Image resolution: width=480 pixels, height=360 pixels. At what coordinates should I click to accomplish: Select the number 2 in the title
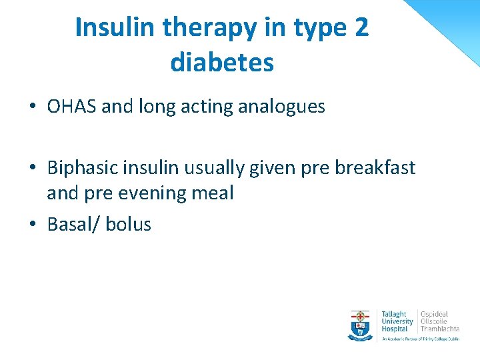click(x=360, y=28)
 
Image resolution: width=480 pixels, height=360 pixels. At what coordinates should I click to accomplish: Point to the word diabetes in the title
click(x=222, y=63)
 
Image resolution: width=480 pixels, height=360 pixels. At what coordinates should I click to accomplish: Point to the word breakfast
click(x=375, y=168)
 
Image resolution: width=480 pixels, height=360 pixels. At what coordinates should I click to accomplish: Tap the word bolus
click(x=129, y=225)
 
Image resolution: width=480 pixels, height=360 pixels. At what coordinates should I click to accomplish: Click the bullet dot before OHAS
click(x=32, y=107)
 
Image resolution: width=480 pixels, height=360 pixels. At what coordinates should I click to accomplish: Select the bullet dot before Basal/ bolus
click(x=32, y=225)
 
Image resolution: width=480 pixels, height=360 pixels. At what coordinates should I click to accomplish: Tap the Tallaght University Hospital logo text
click(x=397, y=321)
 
